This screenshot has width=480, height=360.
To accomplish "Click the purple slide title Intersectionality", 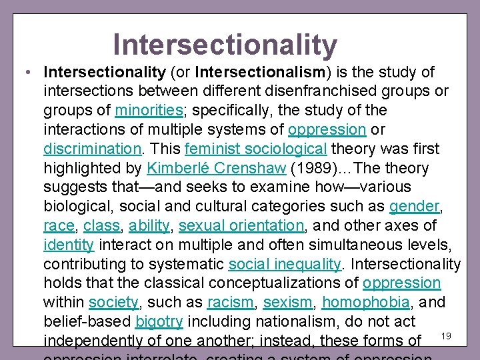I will click(x=225, y=45).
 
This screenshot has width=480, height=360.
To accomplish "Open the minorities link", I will click(x=148, y=110).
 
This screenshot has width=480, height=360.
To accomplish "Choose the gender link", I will click(x=413, y=207).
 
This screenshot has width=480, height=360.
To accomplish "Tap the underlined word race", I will click(x=59, y=226).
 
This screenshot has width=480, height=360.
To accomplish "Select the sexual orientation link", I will click(x=240, y=226).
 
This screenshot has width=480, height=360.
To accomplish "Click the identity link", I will click(x=69, y=245).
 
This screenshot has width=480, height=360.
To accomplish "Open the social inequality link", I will click(x=285, y=265).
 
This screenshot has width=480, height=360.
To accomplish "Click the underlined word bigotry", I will click(x=159, y=322).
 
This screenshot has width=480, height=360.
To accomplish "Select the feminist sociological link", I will click(x=255, y=149).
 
